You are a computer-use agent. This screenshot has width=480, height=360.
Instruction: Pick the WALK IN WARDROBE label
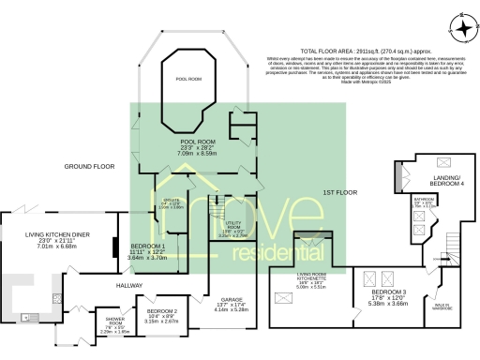pos(441,307)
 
